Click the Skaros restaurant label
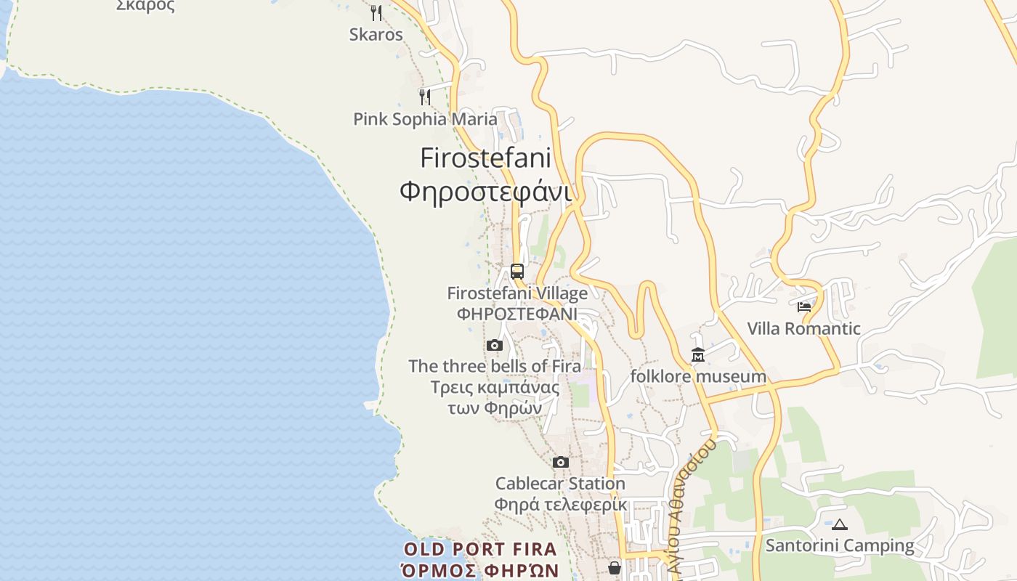coord(376,34)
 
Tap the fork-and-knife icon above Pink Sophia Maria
coord(425,97)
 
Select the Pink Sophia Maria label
coord(425,119)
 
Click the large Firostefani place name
coord(485,158)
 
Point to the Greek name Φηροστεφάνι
coord(485,191)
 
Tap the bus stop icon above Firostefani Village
coord(517,272)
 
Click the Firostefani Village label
coord(517,293)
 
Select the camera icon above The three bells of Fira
coord(495,345)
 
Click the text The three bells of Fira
coord(495,366)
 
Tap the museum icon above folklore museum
coord(698,355)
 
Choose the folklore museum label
coord(698,376)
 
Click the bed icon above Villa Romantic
coord(804,307)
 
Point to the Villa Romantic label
coord(804,328)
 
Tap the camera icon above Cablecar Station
coord(560,462)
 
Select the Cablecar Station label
coord(560,483)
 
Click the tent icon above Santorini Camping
coord(840,524)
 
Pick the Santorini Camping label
coord(840,545)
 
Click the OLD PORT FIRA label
coord(480,549)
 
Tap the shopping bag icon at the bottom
coord(615,567)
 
